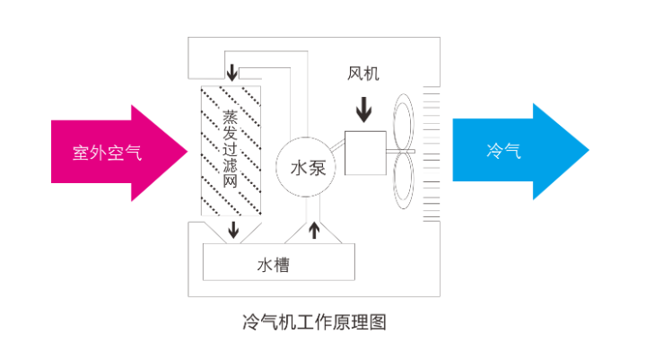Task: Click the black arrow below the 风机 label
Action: pos(363,109)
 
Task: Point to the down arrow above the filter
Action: pos(232,71)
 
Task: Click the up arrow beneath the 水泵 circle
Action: pos(313,230)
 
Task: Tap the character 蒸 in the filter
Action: pos(231,119)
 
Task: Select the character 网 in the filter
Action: pos(231,180)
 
